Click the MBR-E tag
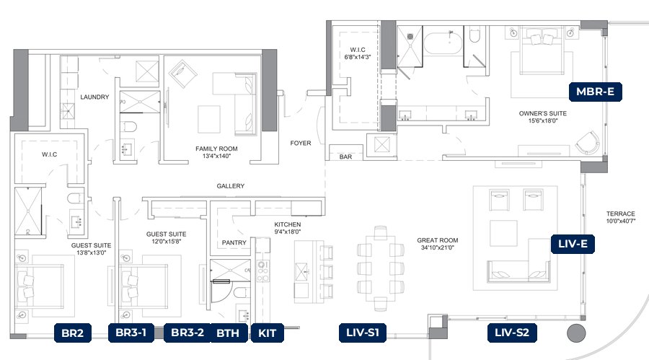click(x=595, y=92)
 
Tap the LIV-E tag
click(x=573, y=244)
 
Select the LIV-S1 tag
click(x=363, y=333)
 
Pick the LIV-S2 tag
click(x=512, y=333)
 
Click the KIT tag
click(x=267, y=333)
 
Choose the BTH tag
click(x=228, y=333)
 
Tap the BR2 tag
click(x=72, y=333)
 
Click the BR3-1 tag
click(x=131, y=333)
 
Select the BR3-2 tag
click(x=187, y=333)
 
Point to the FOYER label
click(x=301, y=144)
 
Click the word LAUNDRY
click(x=94, y=97)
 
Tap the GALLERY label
click(x=231, y=186)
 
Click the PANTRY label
click(x=234, y=242)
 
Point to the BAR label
click(x=345, y=157)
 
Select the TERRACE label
click(x=620, y=214)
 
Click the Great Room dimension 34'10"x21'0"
click(x=438, y=247)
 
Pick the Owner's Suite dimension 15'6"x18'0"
click(x=543, y=121)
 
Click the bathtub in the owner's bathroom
click(x=443, y=43)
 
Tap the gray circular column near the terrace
click(x=576, y=333)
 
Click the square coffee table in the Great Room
click(x=503, y=233)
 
